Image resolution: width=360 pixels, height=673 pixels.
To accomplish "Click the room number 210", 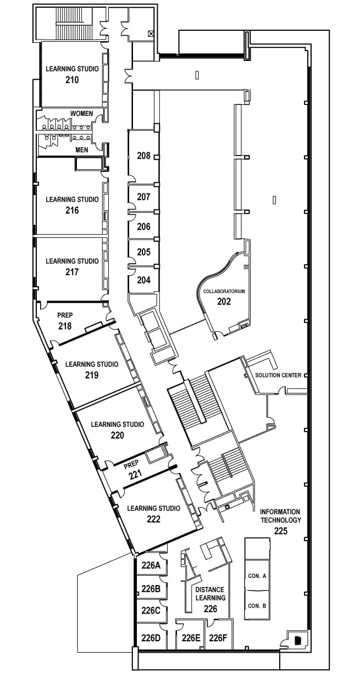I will tap(72, 80).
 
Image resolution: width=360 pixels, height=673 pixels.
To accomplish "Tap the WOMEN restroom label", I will tap(81, 113).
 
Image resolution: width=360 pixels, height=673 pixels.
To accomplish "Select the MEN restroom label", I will tap(81, 149).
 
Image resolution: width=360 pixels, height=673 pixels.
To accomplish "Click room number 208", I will tap(143, 156).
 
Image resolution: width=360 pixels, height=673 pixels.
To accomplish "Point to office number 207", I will tap(143, 197).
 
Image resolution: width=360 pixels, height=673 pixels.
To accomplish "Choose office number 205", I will tap(143, 252).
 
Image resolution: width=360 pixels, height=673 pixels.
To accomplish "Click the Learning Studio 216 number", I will tap(72, 210).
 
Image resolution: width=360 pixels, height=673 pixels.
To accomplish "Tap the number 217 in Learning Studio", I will tap(72, 272).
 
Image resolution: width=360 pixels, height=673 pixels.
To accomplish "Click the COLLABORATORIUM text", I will tap(224, 291).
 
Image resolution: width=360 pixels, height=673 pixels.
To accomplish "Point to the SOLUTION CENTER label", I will tap(278, 375).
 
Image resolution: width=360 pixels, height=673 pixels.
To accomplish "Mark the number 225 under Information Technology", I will tap(281, 531).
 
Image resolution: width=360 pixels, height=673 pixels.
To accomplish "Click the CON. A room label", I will tap(257, 576).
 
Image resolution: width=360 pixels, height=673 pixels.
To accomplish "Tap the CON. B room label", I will tap(257, 606).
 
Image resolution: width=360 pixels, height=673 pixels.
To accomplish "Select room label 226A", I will tap(151, 565).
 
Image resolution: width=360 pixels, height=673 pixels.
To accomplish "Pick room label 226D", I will tap(151, 638).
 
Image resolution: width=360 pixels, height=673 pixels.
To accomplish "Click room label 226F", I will tap(218, 638).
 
